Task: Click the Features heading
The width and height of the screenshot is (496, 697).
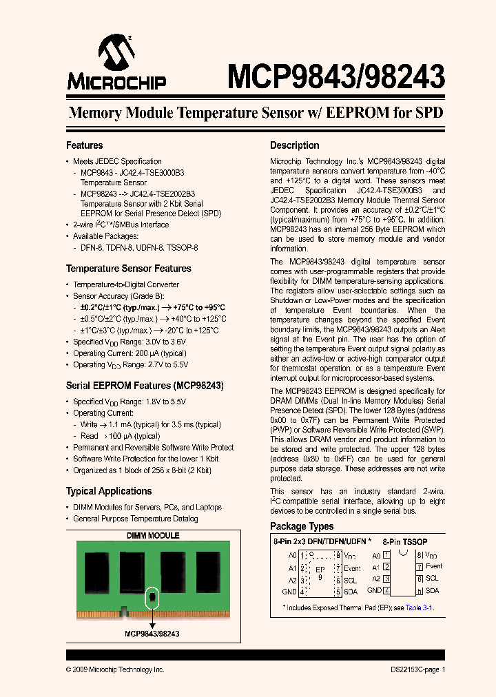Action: (84, 145)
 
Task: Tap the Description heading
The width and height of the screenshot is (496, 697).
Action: (294, 145)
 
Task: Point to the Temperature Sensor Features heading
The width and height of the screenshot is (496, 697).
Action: (128, 269)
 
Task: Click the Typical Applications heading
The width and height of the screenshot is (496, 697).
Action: (109, 491)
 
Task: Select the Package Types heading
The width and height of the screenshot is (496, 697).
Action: (302, 526)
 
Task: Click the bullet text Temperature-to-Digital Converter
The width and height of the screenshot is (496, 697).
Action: (126, 284)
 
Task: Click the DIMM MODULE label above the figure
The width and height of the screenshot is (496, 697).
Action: (153, 535)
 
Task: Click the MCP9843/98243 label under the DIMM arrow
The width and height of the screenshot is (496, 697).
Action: (152, 633)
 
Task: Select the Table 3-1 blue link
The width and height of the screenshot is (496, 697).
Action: (418, 608)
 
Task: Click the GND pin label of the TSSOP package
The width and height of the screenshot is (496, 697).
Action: (374, 590)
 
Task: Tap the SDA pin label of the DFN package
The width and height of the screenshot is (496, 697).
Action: (351, 592)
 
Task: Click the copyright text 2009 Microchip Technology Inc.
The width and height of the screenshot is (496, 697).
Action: (115, 669)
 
